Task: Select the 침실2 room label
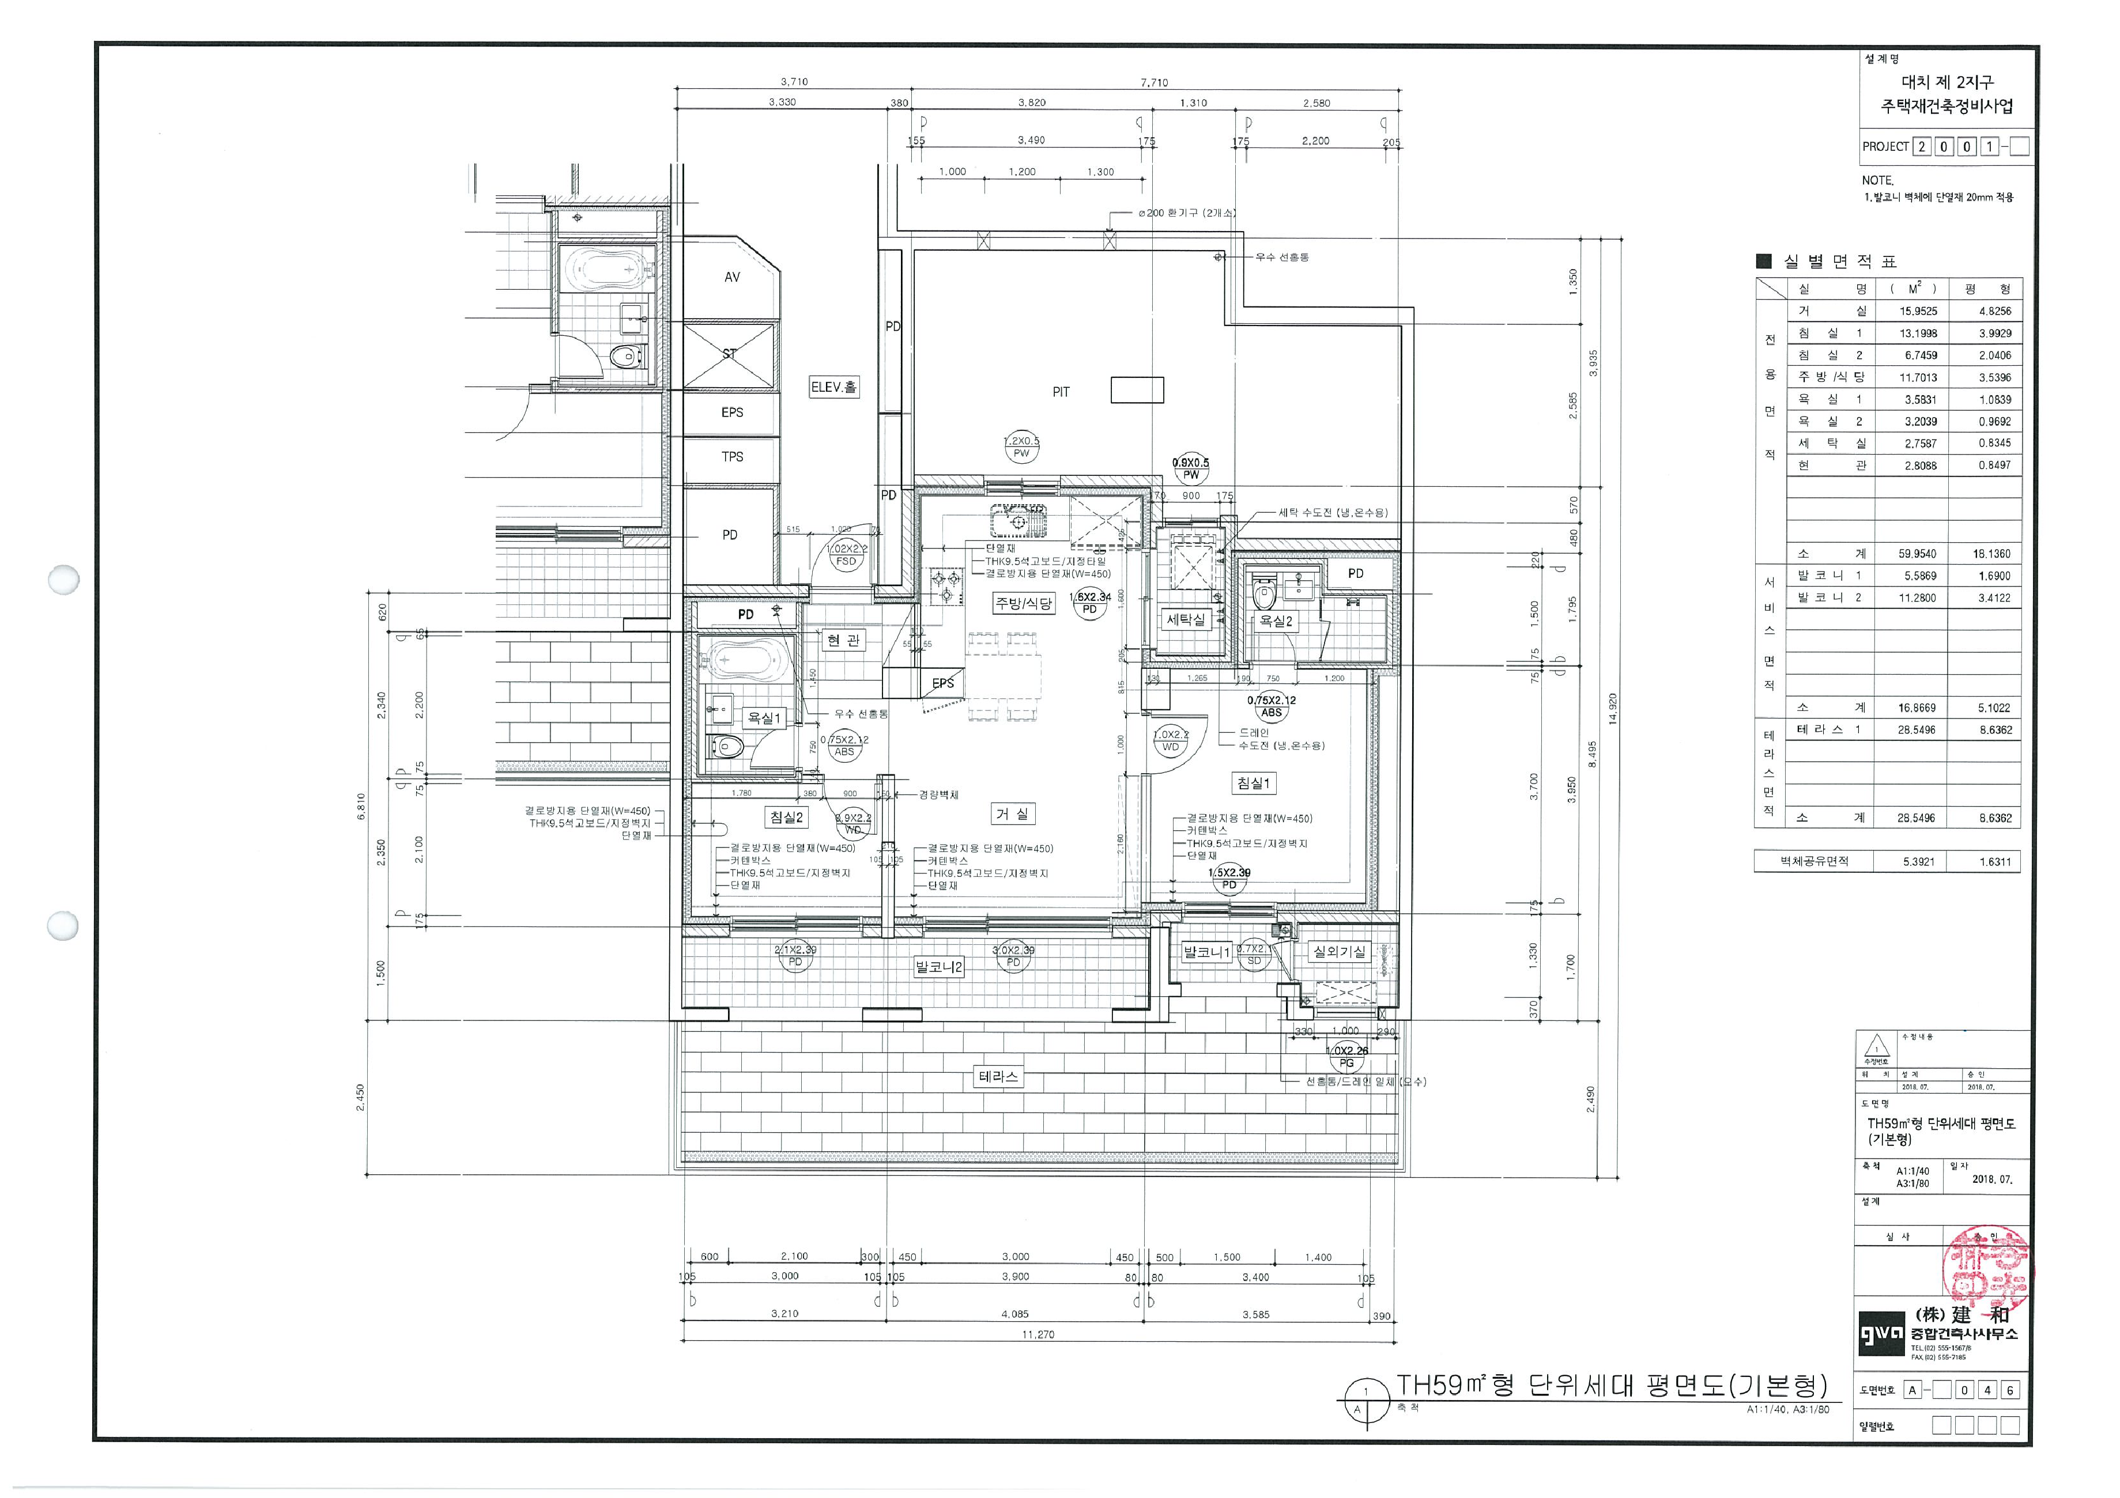[787, 817]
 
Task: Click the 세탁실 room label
[1186, 619]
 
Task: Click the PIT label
[1061, 392]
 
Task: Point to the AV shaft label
[731, 277]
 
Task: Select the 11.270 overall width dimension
[1039, 1334]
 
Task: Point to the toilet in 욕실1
[725, 746]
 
